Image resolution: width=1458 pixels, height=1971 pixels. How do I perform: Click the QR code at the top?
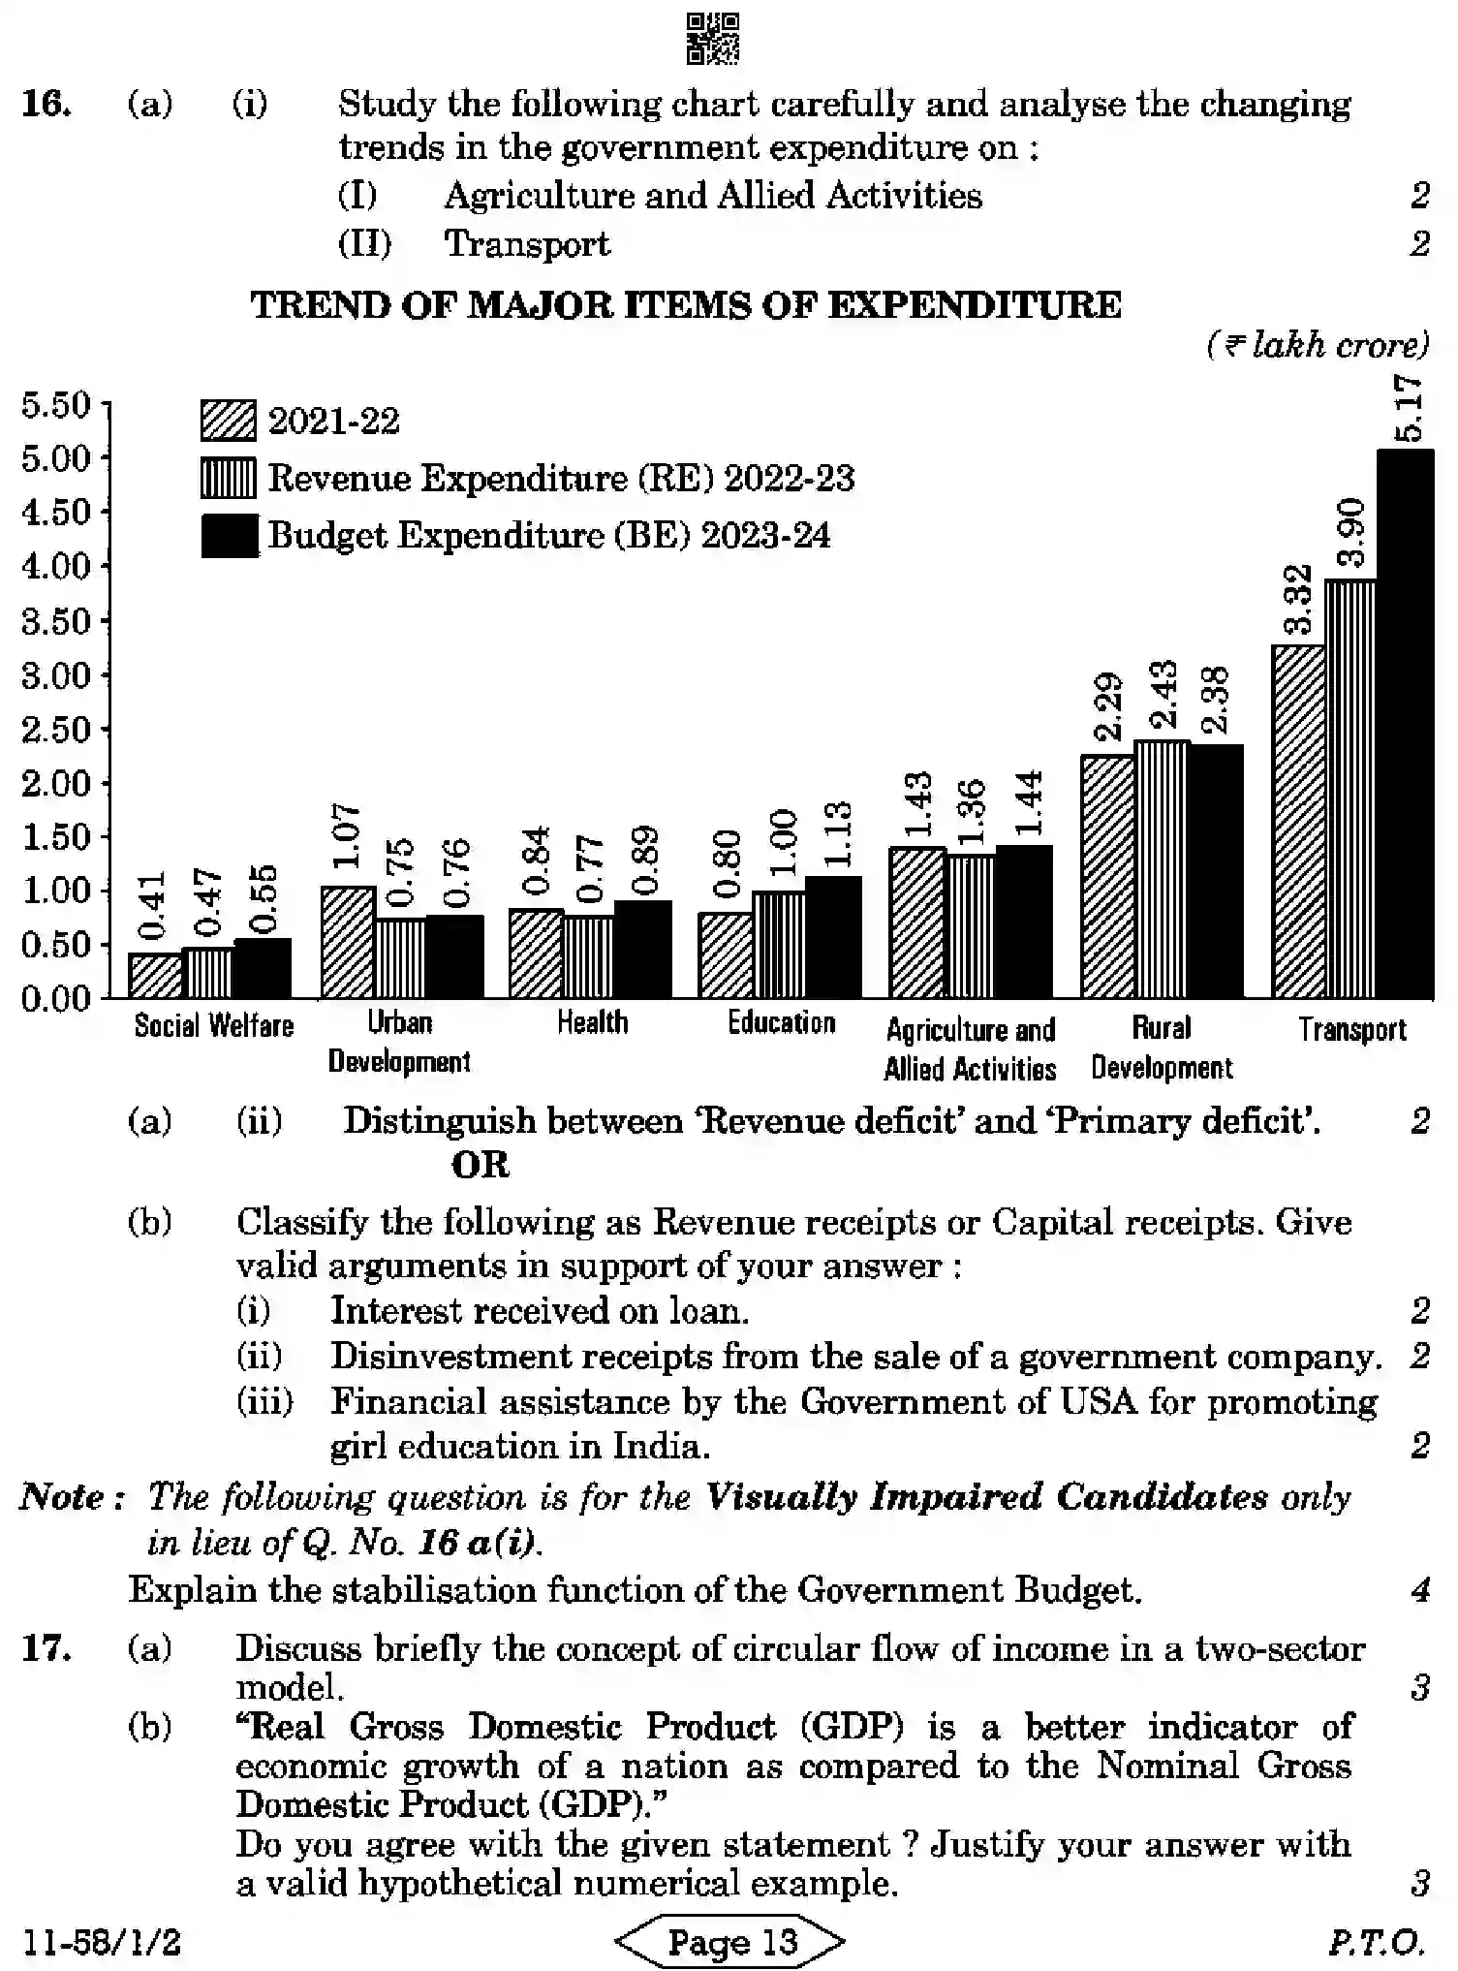coord(712,39)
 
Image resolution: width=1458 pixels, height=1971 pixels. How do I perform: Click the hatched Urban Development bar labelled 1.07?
coord(348,942)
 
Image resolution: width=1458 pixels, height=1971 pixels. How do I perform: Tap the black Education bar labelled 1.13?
coord(833,937)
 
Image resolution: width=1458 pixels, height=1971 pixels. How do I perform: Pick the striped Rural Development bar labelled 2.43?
coord(1162,869)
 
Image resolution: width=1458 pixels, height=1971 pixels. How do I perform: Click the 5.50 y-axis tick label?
coord(55,405)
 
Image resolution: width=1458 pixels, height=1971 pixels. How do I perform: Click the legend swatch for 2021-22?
coord(229,421)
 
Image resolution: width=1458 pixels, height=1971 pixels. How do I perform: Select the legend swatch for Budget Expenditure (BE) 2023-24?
coord(229,536)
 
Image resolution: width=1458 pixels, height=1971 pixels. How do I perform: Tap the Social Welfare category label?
coord(213,1025)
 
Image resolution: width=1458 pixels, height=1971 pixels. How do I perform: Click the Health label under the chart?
coord(592,1022)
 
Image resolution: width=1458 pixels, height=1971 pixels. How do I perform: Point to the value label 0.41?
coord(153,905)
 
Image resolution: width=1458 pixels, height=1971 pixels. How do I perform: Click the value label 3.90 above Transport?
coord(1350,532)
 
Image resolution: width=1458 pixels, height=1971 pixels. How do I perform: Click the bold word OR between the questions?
coord(481,1165)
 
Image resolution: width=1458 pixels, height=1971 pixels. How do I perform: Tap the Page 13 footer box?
coord(730,1941)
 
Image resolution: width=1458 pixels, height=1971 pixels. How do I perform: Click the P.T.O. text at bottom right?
coord(1377,1942)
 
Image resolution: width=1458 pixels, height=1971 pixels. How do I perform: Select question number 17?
coord(46,1648)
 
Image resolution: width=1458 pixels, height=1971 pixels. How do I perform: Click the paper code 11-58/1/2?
coord(102,1942)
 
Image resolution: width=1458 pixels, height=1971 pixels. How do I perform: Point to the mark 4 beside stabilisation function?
coord(1420,1590)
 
